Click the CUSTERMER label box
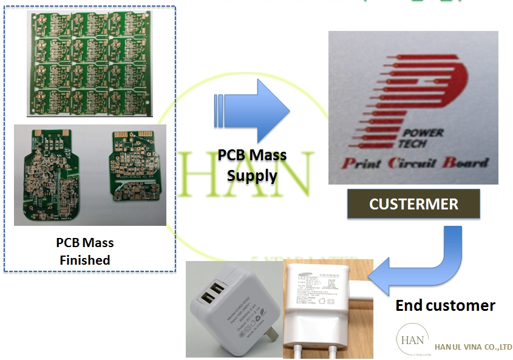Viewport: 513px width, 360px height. pyautogui.click(x=413, y=204)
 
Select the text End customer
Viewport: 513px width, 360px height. pyautogui.click(x=445, y=305)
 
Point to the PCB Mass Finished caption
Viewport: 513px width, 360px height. pyautogui.click(x=85, y=251)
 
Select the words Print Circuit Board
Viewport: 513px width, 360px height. pyautogui.click(x=414, y=162)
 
